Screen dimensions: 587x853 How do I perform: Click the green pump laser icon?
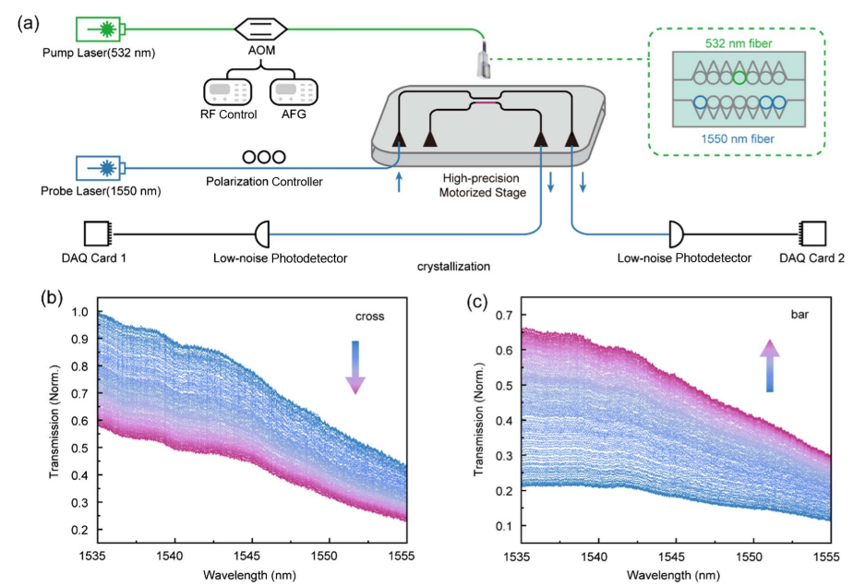[103, 30]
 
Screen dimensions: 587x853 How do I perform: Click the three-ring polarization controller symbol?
[264, 158]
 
